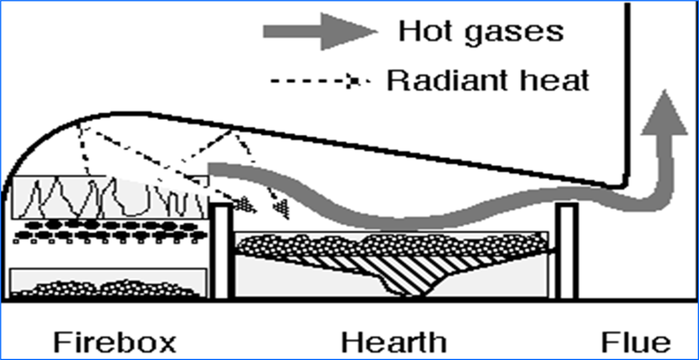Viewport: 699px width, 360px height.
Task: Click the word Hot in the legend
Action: coord(426,30)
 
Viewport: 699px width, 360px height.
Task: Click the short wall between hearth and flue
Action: coord(566,250)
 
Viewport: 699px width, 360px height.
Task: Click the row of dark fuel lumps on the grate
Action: coord(111,225)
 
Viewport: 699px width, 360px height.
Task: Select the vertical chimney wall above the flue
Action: coord(628,87)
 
